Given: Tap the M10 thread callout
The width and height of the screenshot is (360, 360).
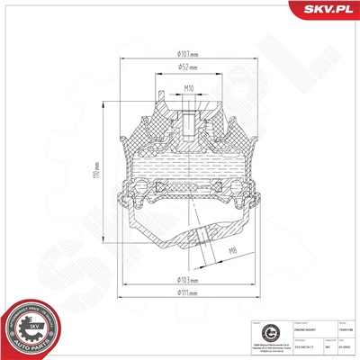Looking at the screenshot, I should pos(189,88).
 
